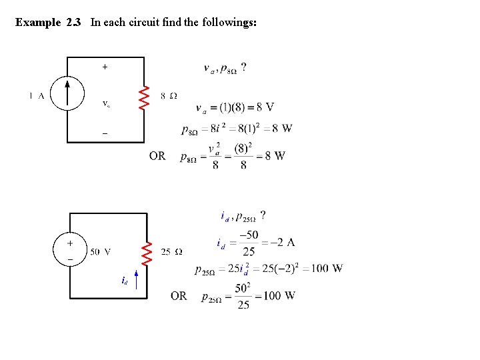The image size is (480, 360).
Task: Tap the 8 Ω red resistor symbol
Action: pos(143,96)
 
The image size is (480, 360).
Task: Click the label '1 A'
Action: pos(37,95)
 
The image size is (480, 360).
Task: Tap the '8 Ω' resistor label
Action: pos(169,95)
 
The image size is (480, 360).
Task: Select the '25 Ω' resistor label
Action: pos(172,252)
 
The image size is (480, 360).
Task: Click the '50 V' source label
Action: pos(101,252)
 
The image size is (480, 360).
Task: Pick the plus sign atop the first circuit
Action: pos(105,67)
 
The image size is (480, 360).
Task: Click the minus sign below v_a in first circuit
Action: pos(105,133)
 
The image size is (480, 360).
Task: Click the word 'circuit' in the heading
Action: pos(147,23)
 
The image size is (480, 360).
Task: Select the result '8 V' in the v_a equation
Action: pos(265,107)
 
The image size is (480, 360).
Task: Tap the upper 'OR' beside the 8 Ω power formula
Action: pos(157,156)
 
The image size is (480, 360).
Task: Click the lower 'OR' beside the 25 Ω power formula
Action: pos(179,295)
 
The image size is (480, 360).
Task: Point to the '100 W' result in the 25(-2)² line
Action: pos(326,269)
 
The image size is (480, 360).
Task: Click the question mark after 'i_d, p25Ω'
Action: pos(263,215)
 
